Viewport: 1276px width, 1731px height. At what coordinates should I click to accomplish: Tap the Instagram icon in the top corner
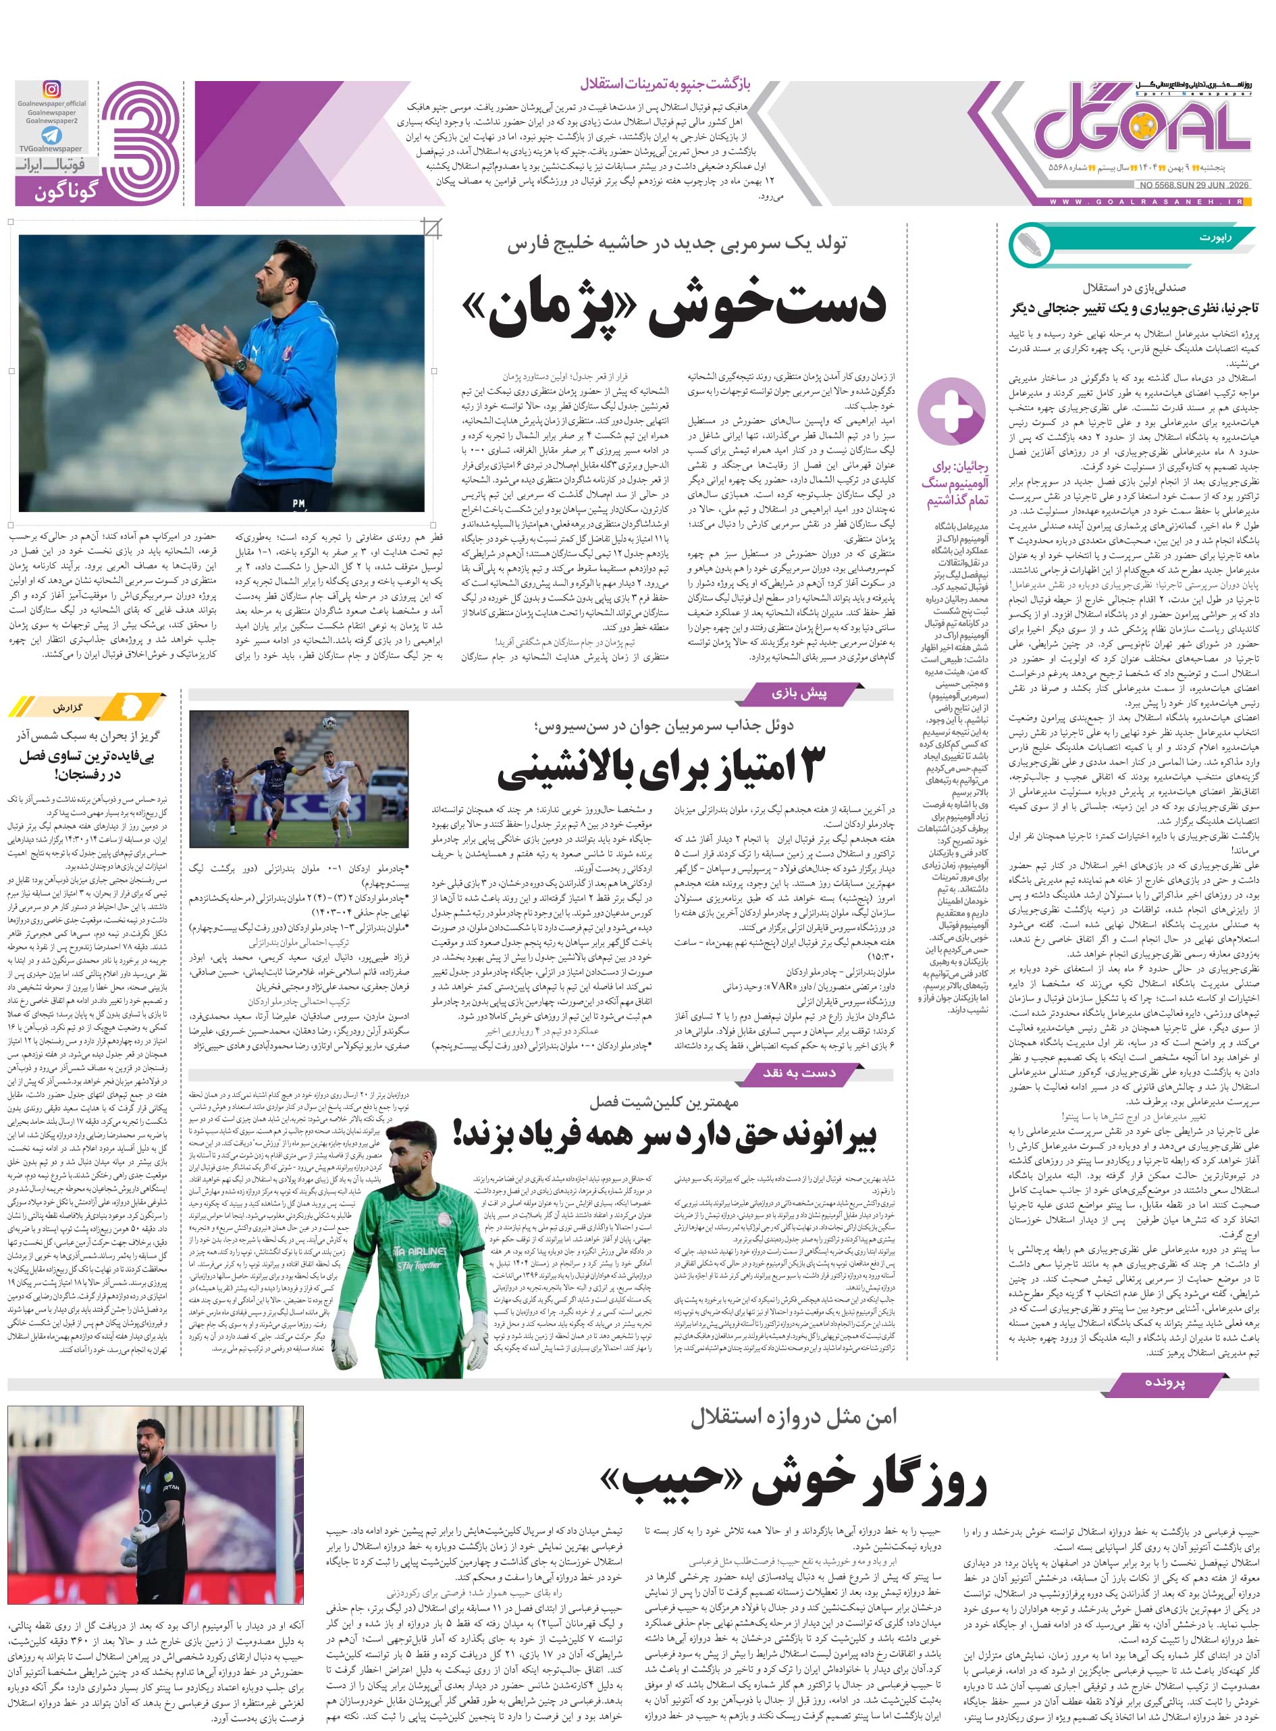coord(51,90)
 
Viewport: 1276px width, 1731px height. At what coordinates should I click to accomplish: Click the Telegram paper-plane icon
coord(51,136)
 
